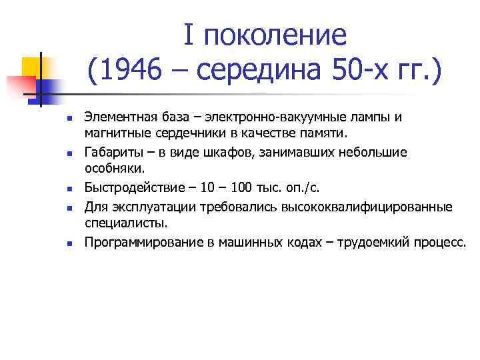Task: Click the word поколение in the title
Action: coord(276,35)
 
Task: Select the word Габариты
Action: coord(111,153)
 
